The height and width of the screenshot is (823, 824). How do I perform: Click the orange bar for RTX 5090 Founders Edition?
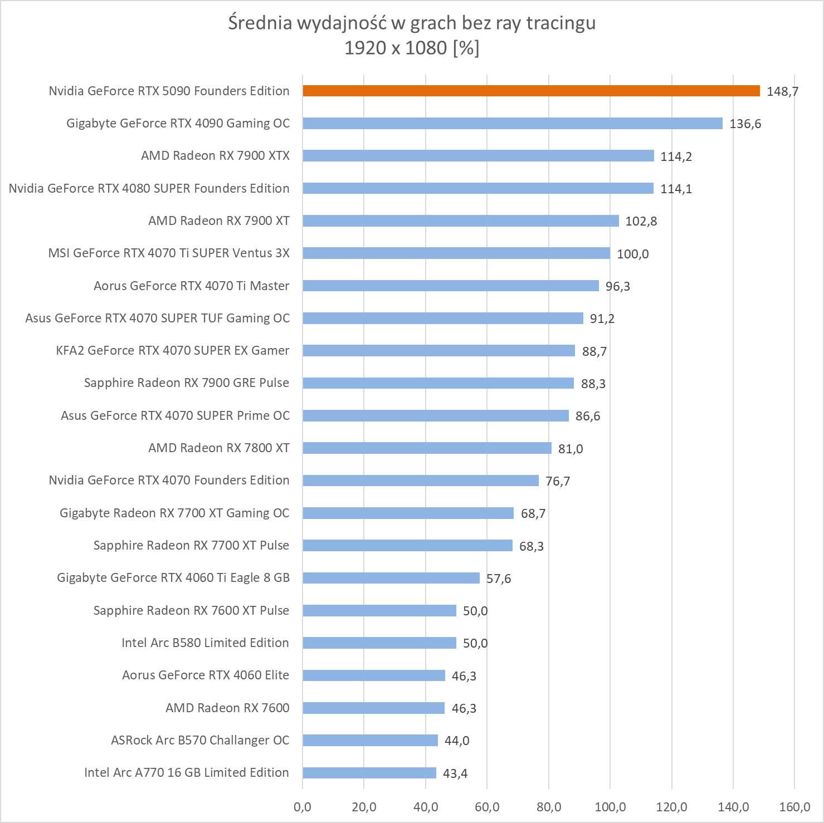tap(531, 91)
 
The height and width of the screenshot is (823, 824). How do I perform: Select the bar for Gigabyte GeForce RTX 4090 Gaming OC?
tap(513, 123)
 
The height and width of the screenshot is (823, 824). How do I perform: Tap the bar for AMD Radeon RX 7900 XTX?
tap(478, 156)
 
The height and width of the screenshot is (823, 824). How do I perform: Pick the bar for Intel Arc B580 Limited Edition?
tap(379, 643)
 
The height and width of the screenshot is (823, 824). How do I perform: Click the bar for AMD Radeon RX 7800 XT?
tap(427, 448)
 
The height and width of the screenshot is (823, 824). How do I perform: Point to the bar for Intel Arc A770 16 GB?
tap(369, 772)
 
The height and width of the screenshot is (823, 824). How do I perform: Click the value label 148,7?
tap(782, 91)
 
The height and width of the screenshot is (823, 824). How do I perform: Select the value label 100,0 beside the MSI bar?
tap(632, 254)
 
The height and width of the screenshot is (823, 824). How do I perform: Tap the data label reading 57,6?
tap(498, 579)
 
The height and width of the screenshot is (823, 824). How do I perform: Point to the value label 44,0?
tap(457, 741)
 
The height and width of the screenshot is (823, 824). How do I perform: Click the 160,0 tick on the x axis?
tap(794, 806)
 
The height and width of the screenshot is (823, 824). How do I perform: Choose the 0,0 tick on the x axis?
tap(303, 806)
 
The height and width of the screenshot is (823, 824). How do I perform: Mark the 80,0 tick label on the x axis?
tap(549, 806)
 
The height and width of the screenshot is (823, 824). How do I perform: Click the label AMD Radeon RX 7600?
tap(227, 708)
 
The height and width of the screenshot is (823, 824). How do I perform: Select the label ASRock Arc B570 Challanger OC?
tap(200, 740)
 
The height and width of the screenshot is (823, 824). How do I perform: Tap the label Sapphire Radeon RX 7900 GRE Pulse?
tap(187, 383)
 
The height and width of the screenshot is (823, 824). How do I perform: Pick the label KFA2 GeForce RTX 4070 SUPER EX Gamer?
tap(173, 350)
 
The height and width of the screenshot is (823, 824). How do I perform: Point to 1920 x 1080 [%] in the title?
tap(412, 48)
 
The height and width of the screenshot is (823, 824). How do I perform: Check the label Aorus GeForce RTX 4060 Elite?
tap(206, 675)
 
